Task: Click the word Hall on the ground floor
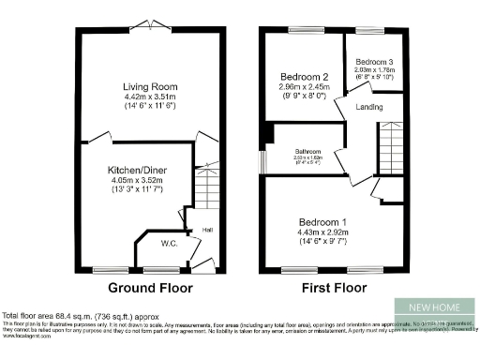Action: [x=205, y=229]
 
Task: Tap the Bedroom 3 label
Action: [x=374, y=61]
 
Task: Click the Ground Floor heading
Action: [x=150, y=288]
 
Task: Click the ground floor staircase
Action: [x=207, y=187]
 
